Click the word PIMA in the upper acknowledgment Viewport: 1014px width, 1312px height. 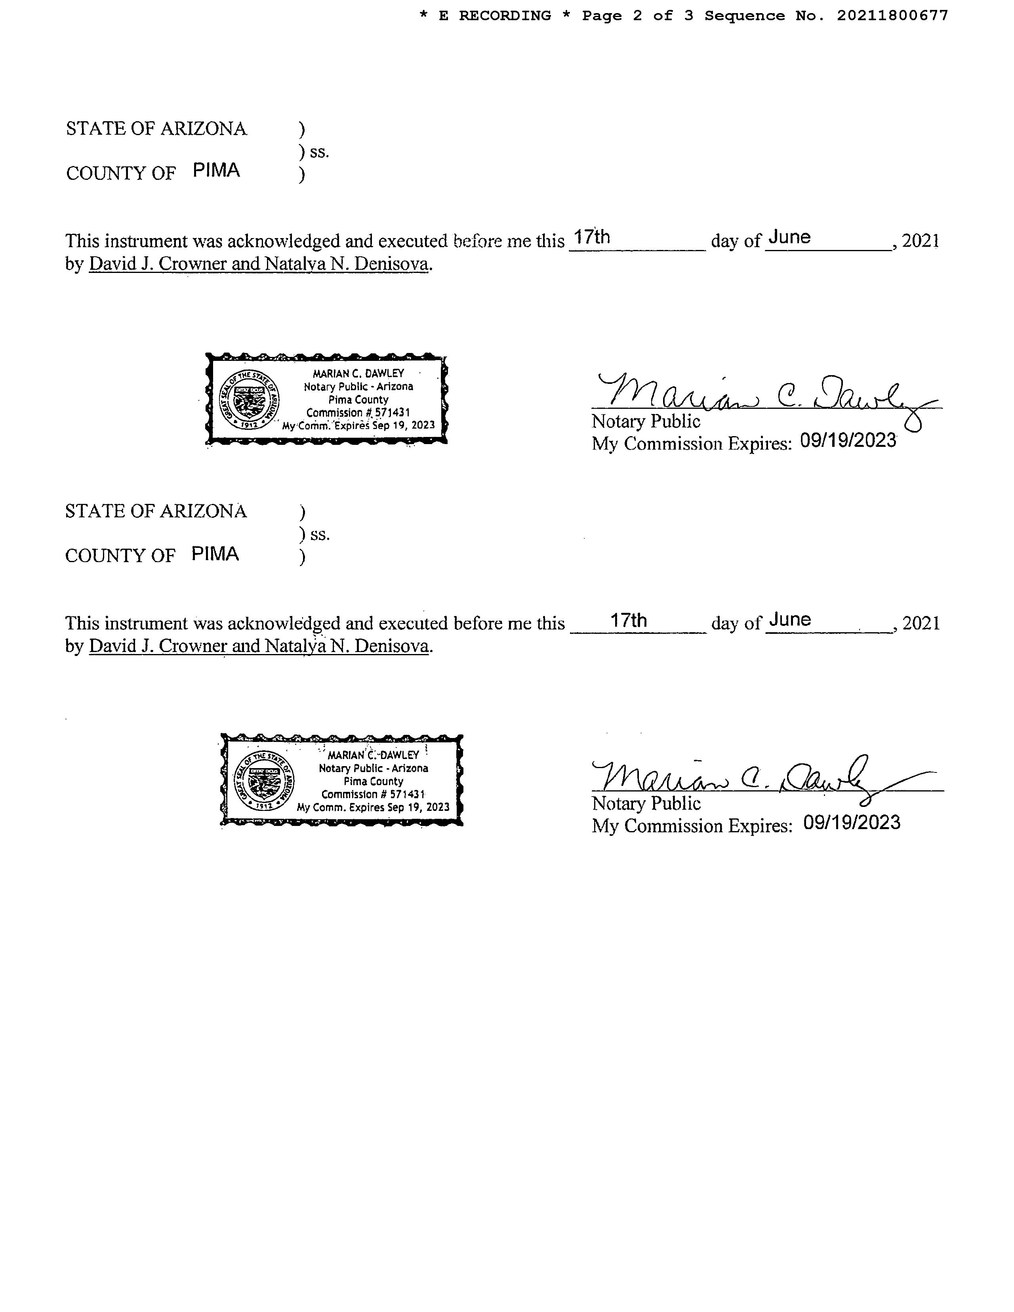216,171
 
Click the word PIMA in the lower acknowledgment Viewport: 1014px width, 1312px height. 215,553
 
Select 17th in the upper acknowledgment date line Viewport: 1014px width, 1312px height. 592,237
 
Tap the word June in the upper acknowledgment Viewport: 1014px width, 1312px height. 789,237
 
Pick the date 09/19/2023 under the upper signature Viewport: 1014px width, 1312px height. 848,441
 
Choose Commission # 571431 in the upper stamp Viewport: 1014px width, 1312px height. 358,413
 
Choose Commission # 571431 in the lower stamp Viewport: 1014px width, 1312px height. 373,794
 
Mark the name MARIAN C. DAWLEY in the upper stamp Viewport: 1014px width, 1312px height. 358,373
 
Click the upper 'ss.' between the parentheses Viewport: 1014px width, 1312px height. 320,152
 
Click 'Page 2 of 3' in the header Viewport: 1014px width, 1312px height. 637,15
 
